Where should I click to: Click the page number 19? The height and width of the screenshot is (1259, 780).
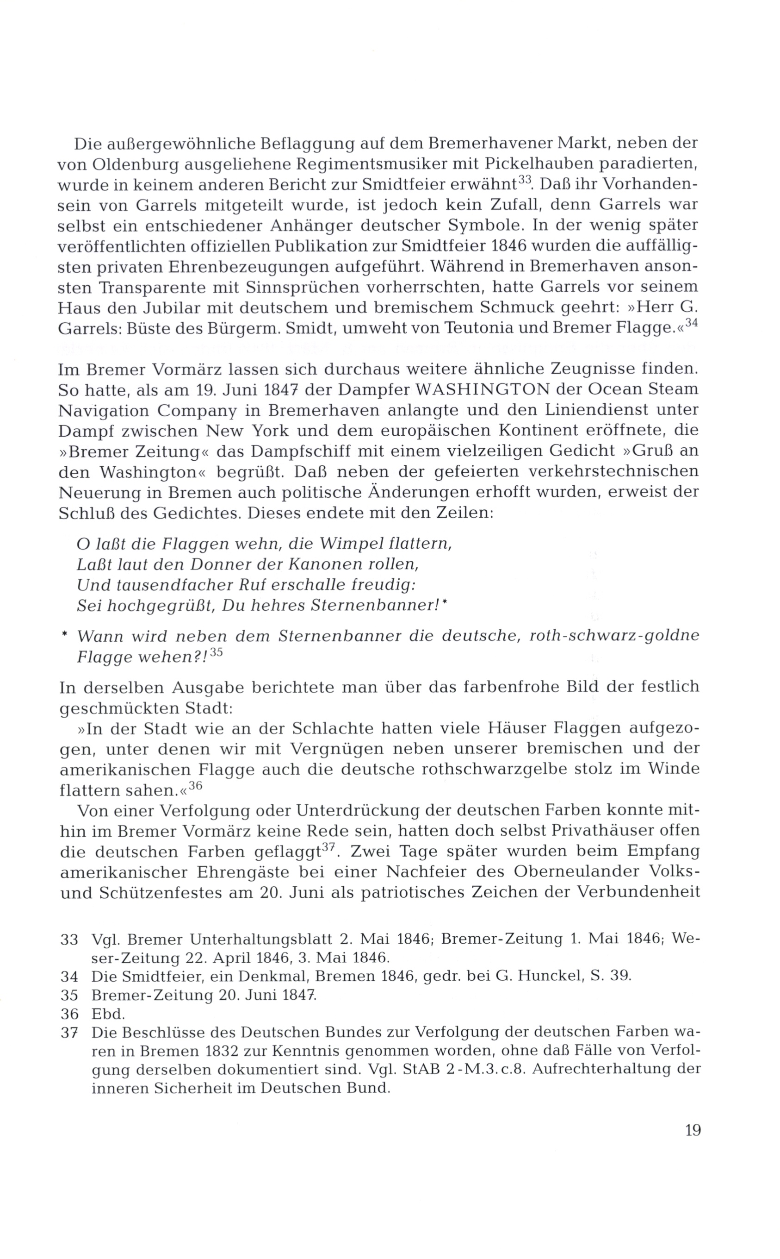[x=693, y=1130]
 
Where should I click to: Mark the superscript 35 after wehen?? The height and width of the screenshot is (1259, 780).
[x=216, y=652]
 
